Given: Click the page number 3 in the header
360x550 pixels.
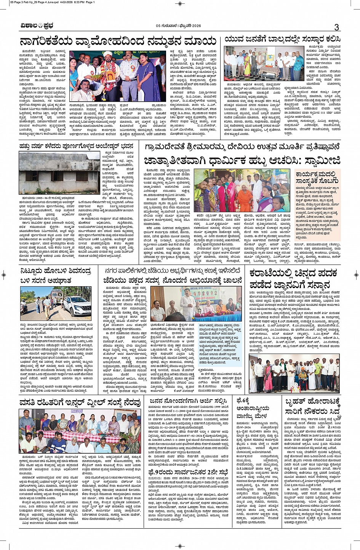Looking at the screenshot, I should (x=336, y=27).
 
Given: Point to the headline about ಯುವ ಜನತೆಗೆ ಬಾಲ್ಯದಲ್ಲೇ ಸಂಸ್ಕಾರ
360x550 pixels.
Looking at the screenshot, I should (x=282, y=39).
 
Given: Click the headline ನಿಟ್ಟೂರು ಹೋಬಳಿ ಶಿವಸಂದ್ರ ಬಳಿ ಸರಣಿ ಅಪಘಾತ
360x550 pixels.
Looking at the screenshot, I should (x=56, y=276).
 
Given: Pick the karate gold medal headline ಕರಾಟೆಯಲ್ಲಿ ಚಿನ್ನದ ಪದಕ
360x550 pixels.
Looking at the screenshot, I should (x=294, y=274).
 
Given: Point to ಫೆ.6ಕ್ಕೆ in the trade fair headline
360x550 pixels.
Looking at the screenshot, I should (x=244, y=401).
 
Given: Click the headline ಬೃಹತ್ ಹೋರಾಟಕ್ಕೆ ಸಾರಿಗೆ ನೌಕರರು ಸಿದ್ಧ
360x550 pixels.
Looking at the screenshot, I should (x=312, y=407).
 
